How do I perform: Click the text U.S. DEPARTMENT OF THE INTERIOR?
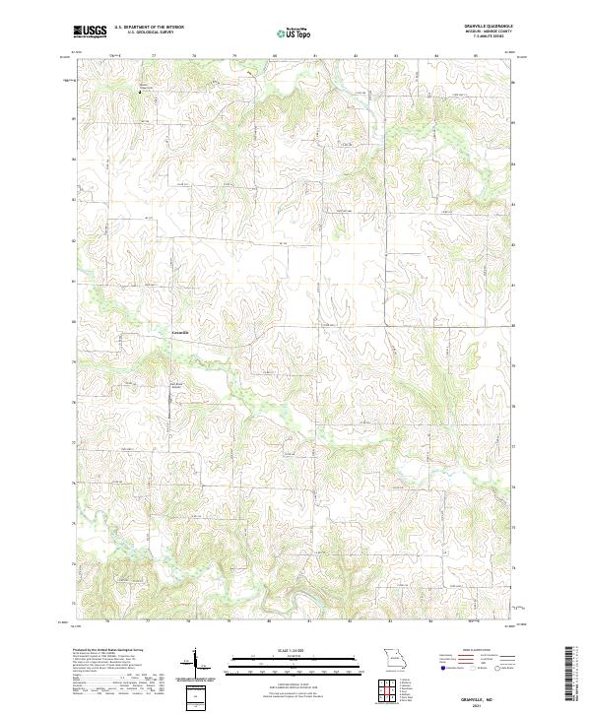tap(150, 29)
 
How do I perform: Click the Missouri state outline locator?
tap(396, 657)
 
